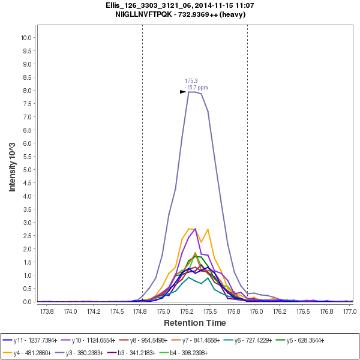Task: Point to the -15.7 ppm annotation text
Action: pos(196,88)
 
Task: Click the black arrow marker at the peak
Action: pos(183,92)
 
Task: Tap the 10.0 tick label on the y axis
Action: pos(26,37)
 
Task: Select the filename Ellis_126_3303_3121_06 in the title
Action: pos(142,5)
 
